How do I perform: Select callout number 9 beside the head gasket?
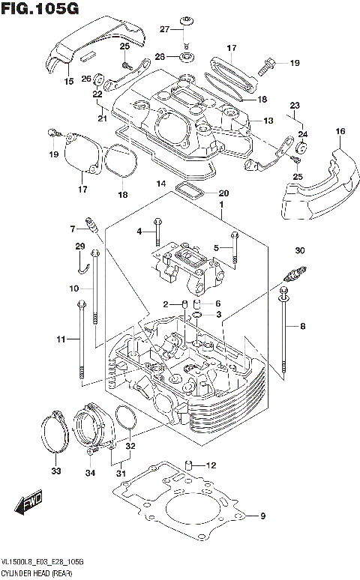(x=263, y=516)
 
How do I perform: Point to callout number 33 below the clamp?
(x=55, y=471)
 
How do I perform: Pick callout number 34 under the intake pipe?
(x=91, y=472)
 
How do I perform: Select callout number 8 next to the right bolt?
(x=303, y=326)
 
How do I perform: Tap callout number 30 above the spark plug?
(x=300, y=250)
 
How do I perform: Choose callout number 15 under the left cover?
(x=69, y=81)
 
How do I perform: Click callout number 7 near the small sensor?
(x=73, y=229)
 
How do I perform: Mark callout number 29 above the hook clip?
(x=80, y=247)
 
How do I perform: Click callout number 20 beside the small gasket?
(x=223, y=193)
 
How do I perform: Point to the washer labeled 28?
(x=185, y=55)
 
